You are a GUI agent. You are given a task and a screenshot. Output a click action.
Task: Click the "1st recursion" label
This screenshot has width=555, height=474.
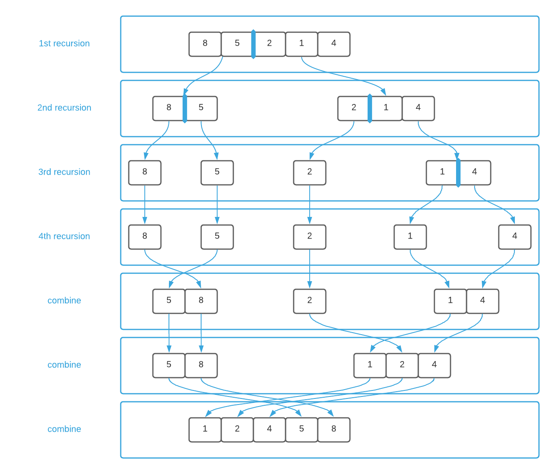[x=64, y=43]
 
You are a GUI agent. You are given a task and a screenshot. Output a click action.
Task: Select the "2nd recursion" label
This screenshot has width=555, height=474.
[x=64, y=108]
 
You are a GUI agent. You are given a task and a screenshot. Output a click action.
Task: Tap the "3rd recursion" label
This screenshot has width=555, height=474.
[x=64, y=172]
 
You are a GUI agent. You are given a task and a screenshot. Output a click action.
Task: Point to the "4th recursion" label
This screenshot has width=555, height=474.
[x=64, y=236]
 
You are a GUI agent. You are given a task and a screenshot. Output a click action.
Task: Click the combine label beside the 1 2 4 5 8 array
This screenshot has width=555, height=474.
[x=64, y=429]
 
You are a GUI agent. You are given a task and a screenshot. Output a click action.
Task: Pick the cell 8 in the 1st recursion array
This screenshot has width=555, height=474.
[x=205, y=44]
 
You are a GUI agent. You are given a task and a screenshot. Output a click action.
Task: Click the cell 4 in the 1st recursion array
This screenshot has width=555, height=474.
[x=334, y=44]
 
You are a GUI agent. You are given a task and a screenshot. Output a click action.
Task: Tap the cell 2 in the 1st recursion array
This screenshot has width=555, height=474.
[x=269, y=44]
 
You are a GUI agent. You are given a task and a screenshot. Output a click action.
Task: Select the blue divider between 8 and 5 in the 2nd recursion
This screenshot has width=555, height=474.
[x=185, y=108]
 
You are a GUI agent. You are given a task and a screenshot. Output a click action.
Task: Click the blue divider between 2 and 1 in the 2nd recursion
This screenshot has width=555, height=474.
[x=370, y=108]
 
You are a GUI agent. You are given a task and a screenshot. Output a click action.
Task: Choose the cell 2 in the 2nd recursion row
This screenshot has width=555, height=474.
[x=354, y=108]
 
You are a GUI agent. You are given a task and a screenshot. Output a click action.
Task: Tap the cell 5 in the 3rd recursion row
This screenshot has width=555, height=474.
[x=217, y=172]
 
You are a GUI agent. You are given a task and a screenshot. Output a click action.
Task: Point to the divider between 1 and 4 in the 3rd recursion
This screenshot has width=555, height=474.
[x=458, y=173]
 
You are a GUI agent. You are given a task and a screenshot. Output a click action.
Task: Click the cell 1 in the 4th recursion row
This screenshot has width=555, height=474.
[x=410, y=237]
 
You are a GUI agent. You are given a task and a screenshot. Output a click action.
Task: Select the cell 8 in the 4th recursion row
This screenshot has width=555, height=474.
[x=145, y=237]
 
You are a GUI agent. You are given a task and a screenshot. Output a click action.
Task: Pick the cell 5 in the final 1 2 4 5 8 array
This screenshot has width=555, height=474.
[x=302, y=429]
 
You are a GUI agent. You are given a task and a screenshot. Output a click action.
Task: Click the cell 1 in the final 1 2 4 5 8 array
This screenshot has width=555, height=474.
[x=205, y=429]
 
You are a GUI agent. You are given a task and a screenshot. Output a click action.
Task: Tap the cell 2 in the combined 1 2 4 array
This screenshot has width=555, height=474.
[x=402, y=365]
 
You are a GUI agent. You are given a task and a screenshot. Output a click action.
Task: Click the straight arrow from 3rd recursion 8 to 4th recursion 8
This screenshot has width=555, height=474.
[x=145, y=205]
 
